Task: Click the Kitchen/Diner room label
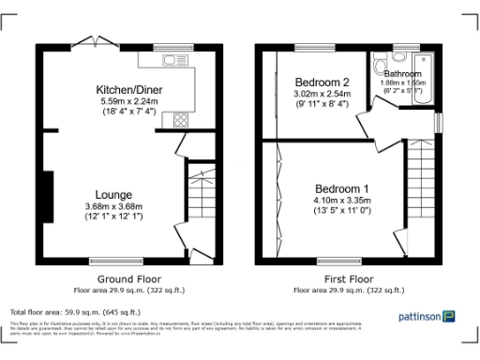[128, 89]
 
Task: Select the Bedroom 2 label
[322, 82]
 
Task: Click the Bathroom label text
[402, 73]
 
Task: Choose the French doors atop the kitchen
[90, 43]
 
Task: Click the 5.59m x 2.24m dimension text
[128, 101]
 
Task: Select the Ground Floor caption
[129, 279]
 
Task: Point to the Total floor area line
[75, 311]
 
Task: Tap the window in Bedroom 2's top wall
[308, 47]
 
